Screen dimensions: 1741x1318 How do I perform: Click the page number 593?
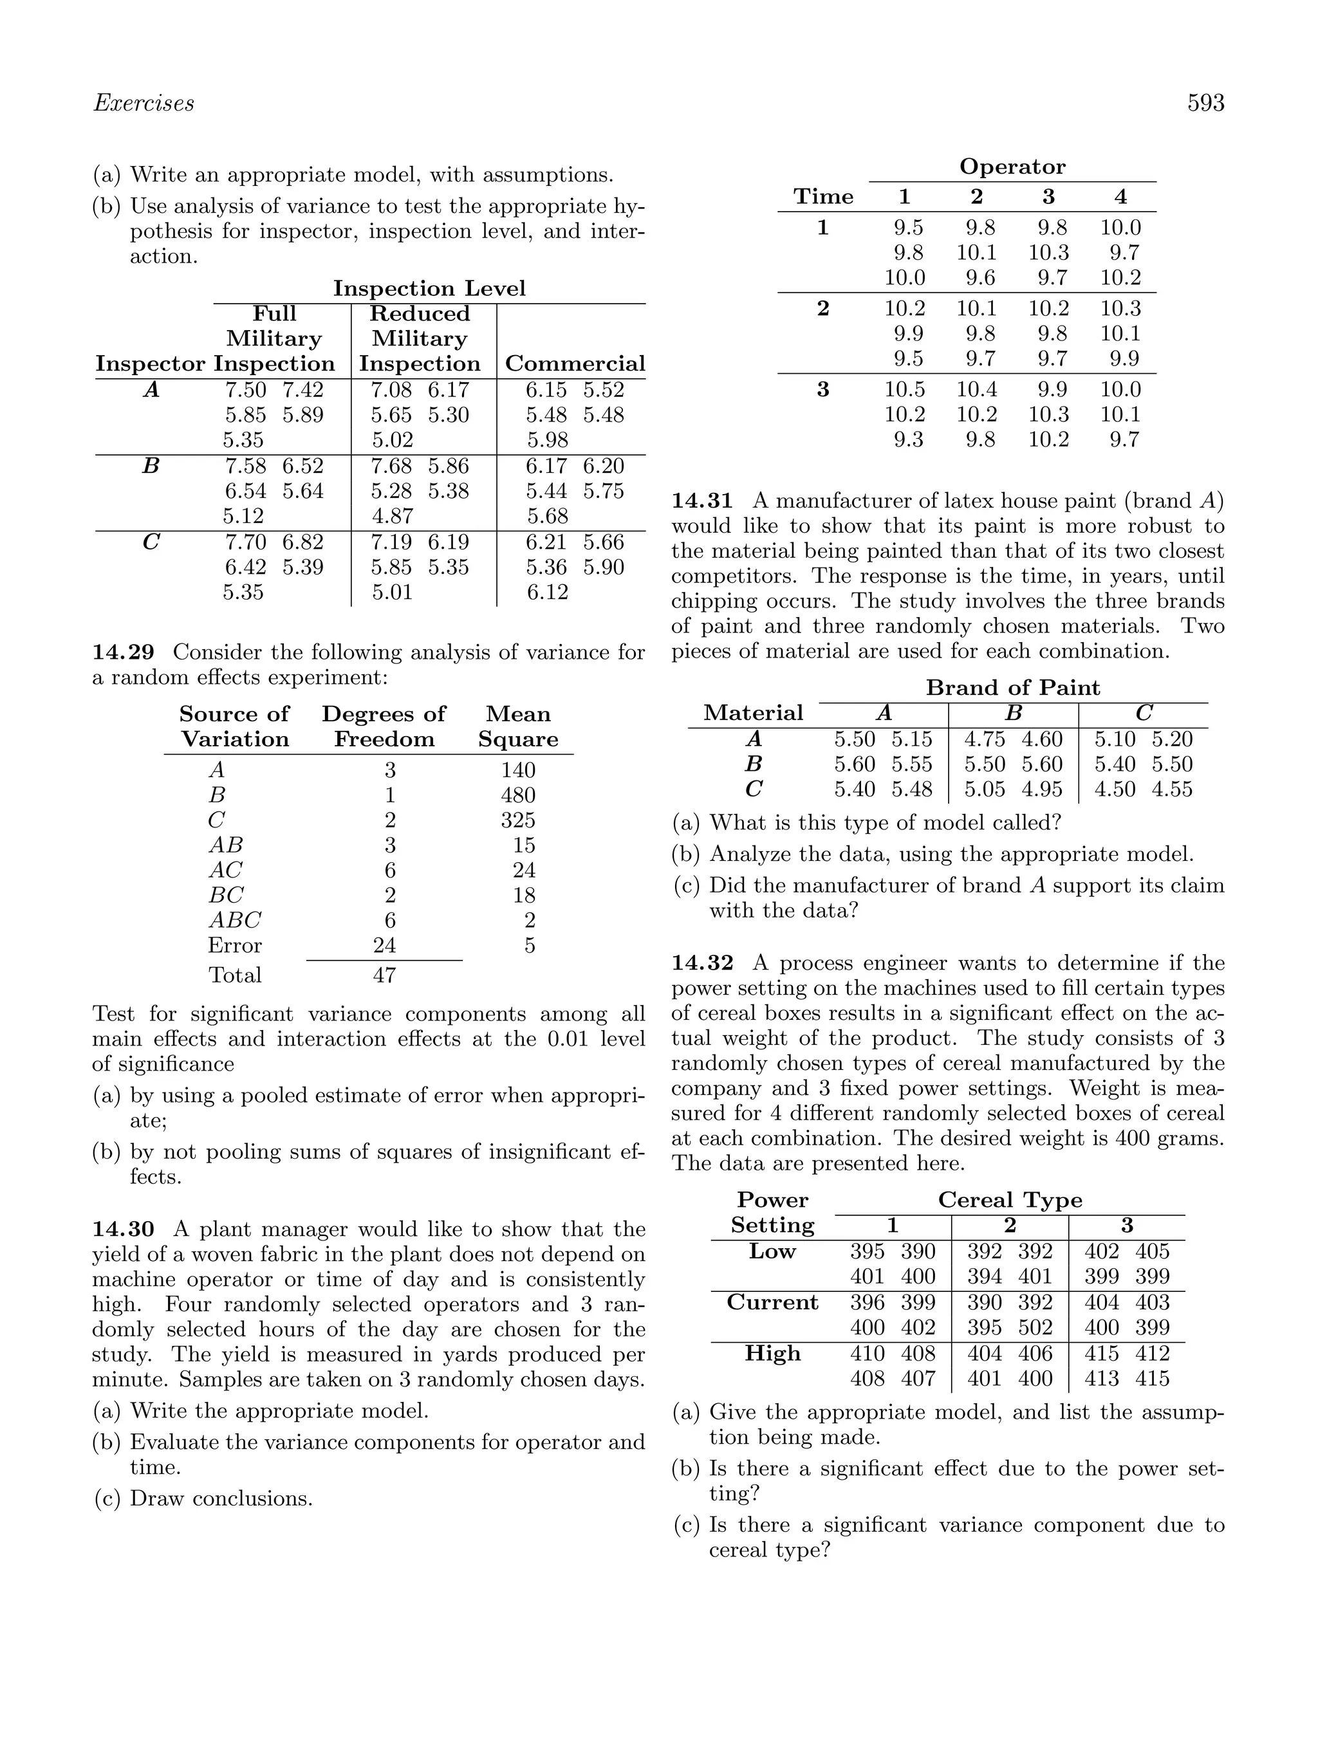[x=1205, y=103]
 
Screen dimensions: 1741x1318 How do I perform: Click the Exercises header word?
[x=144, y=103]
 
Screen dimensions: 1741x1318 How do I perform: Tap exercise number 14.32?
[x=701, y=963]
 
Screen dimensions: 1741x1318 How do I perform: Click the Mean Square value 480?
[x=517, y=795]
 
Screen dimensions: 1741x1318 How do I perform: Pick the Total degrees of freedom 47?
[x=384, y=975]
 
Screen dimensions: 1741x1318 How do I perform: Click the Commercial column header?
[x=574, y=364]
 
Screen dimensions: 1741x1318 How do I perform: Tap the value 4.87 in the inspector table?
[x=392, y=517]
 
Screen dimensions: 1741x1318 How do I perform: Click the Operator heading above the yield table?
[x=1012, y=167]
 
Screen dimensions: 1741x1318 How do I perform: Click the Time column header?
[x=822, y=197]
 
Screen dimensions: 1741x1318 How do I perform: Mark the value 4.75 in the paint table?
[x=984, y=739]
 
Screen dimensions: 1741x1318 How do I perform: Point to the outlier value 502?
[x=1035, y=1328]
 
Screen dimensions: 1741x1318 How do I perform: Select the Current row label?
[x=772, y=1303]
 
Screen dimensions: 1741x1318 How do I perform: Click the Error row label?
[x=235, y=945]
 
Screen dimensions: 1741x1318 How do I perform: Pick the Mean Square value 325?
[x=517, y=820]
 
